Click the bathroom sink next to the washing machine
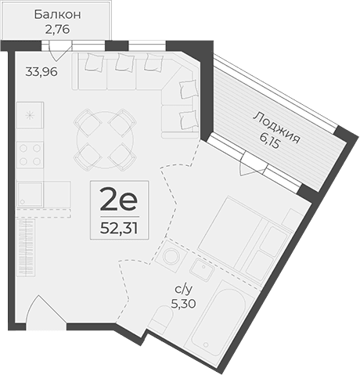point(202,271)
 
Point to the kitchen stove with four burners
point(31,153)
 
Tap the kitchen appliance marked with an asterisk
point(31,115)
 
